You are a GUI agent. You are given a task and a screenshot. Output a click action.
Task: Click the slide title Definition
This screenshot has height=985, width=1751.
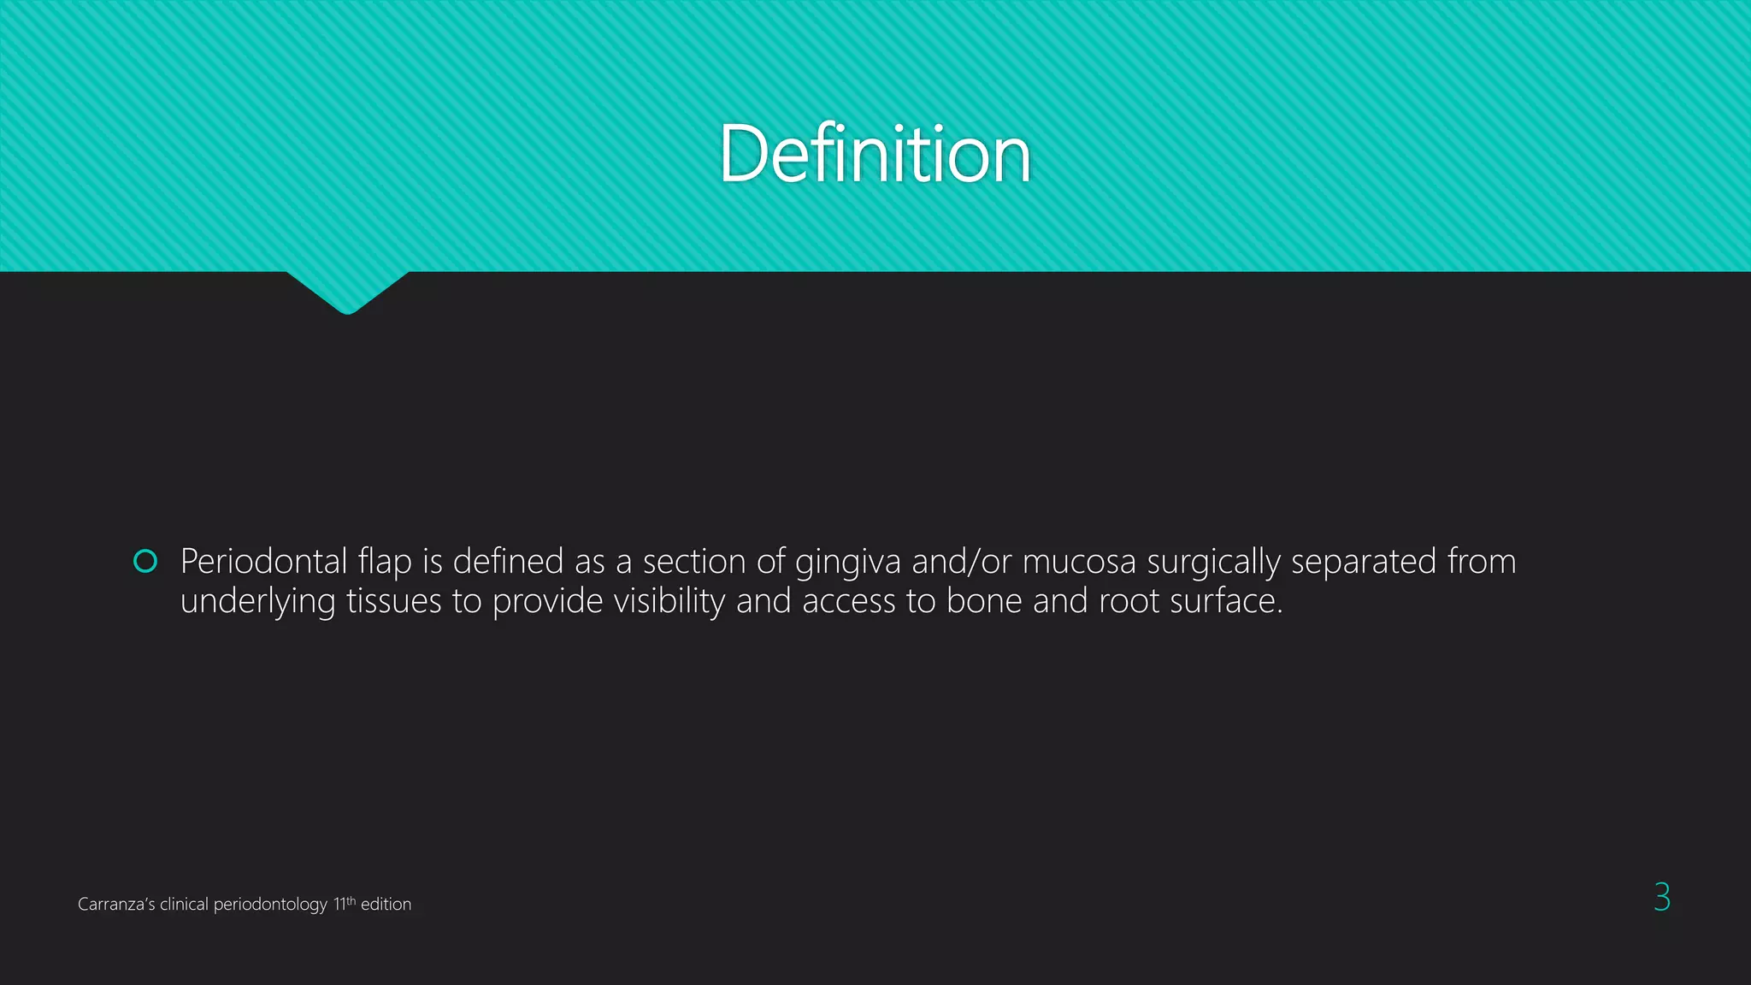(x=875, y=154)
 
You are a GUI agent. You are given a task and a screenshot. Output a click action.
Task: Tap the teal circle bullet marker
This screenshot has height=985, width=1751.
(x=145, y=561)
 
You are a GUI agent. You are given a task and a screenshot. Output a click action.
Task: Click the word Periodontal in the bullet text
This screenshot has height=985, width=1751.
(x=263, y=562)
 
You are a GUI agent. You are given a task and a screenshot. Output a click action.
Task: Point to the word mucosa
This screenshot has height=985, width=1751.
(x=1079, y=562)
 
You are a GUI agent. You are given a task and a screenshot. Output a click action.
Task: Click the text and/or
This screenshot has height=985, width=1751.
(x=962, y=562)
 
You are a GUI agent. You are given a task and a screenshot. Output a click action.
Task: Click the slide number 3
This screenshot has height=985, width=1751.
(x=1661, y=897)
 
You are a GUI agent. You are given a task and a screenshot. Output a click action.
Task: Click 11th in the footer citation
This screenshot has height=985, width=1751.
(x=344, y=904)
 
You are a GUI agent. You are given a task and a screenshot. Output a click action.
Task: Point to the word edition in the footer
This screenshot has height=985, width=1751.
(x=386, y=905)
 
